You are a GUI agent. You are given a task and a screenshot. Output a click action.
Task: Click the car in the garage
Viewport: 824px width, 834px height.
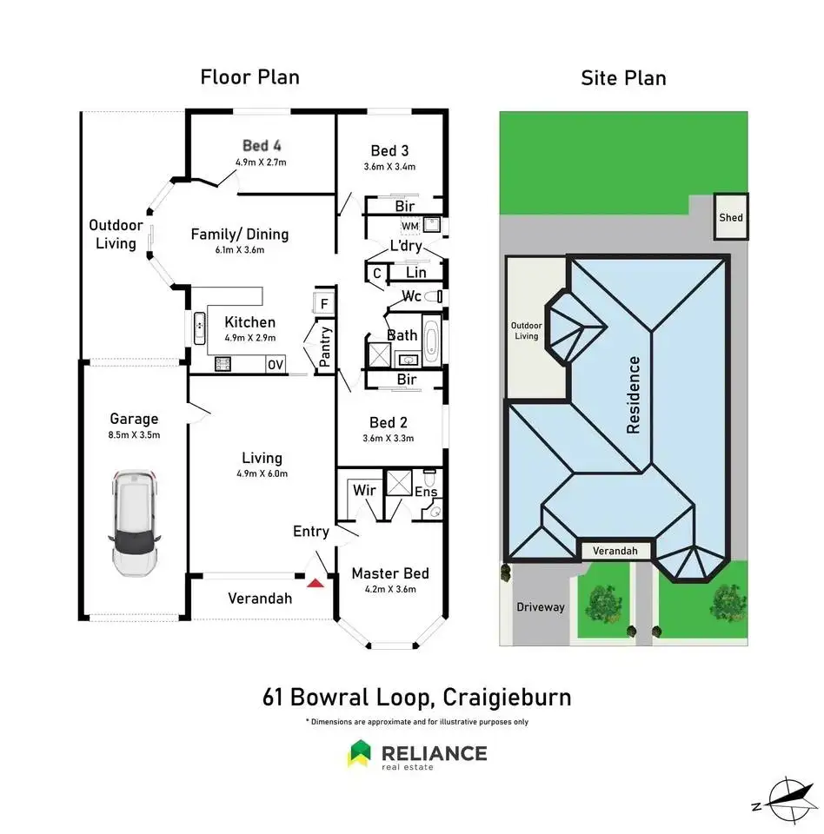pyautogui.click(x=134, y=523)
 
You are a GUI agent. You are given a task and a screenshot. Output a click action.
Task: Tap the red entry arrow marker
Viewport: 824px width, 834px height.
pyautogui.click(x=316, y=584)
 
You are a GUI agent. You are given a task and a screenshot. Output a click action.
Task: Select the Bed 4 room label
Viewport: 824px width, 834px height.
pyautogui.click(x=262, y=145)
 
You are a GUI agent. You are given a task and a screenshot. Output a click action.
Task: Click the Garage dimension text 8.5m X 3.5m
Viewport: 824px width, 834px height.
pyautogui.click(x=134, y=434)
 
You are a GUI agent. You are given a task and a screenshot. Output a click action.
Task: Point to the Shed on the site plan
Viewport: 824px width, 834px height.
pyautogui.click(x=731, y=216)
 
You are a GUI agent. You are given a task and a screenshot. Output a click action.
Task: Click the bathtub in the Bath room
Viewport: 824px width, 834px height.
pyautogui.click(x=430, y=338)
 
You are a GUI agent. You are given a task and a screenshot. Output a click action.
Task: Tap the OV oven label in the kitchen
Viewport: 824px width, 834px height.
pyautogui.click(x=276, y=364)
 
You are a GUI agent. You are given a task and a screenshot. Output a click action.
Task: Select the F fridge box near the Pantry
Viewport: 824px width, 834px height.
pyautogui.click(x=323, y=303)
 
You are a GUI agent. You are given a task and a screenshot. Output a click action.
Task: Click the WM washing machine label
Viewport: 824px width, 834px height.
pyautogui.click(x=410, y=226)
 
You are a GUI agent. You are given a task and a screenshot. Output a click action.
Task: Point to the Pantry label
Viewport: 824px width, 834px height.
pyautogui.click(x=325, y=347)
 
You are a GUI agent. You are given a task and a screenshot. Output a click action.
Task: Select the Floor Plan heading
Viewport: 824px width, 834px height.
pyautogui.click(x=249, y=77)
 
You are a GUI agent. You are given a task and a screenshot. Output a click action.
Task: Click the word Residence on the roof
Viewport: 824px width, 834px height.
pyautogui.click(x=633, y=394)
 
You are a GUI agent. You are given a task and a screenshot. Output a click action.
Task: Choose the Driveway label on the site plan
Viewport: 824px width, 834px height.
pyautogui.click(x=541, y=607)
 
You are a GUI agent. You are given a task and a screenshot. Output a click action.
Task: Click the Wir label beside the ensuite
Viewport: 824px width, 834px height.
pyautogui.click(x=364, y=490)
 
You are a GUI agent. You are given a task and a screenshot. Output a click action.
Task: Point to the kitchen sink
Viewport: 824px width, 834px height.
pyautogui.click(x=199, y=328)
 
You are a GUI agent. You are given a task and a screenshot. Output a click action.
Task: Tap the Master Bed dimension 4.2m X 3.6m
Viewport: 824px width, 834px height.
pyautogui.click(x=390, y=589)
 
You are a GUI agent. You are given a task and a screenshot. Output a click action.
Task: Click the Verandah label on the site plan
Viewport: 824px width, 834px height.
pyautogui.click(x=615, y=551)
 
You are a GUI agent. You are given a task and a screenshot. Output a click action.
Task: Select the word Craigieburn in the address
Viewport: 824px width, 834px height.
pyautogui.click(x=507, y=697)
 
